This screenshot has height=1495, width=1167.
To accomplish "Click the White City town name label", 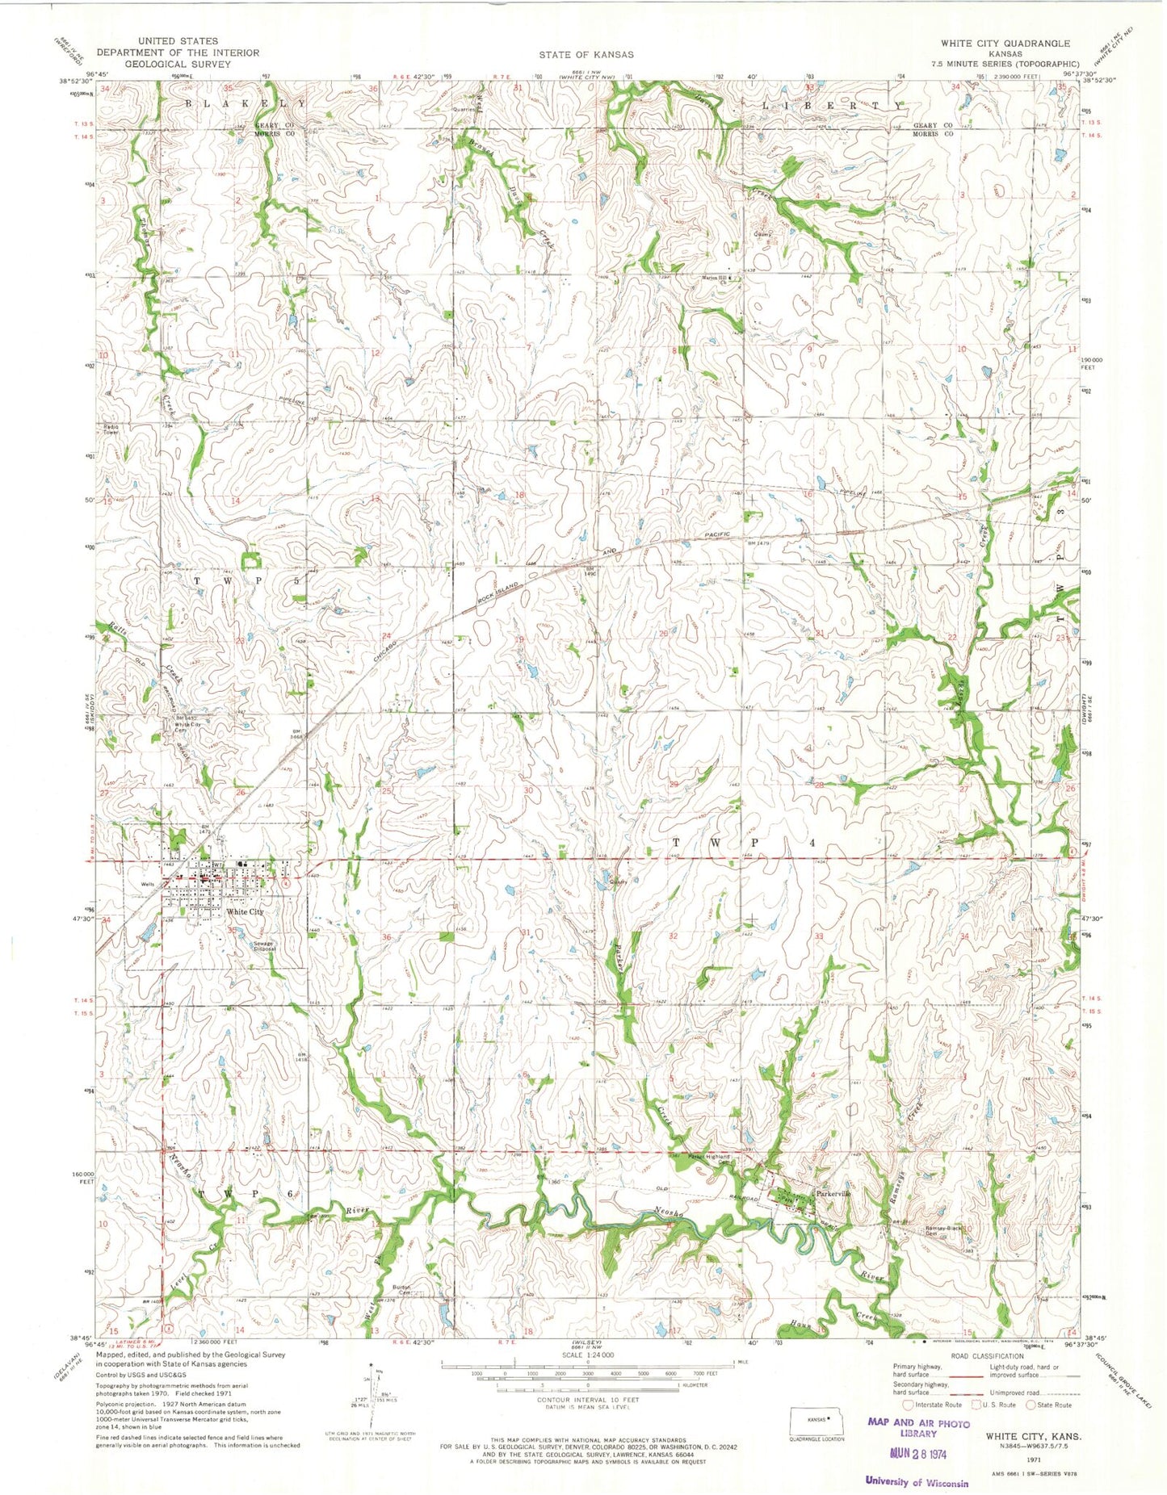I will pyautogui.click(x=245, y=911).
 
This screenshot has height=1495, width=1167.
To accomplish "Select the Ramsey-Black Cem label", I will pyautogui.click(x=942, y=1231).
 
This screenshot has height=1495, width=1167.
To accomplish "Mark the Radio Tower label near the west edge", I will pyautogui.click(x=111, y=429).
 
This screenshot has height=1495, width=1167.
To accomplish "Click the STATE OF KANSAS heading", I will pyautogui.click(x=587, y=54).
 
